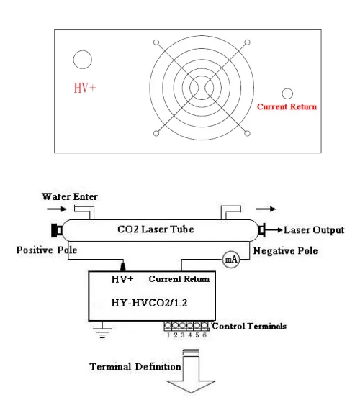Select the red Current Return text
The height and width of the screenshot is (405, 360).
click(x=287, y=107)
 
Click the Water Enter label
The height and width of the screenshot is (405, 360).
click(x=68, y=196)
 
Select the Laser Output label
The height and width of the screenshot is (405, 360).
click(x=314, y=230)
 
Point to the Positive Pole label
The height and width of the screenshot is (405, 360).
click(x=46, y=250)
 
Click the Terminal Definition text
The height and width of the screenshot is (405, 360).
click(x=135, y=366)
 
